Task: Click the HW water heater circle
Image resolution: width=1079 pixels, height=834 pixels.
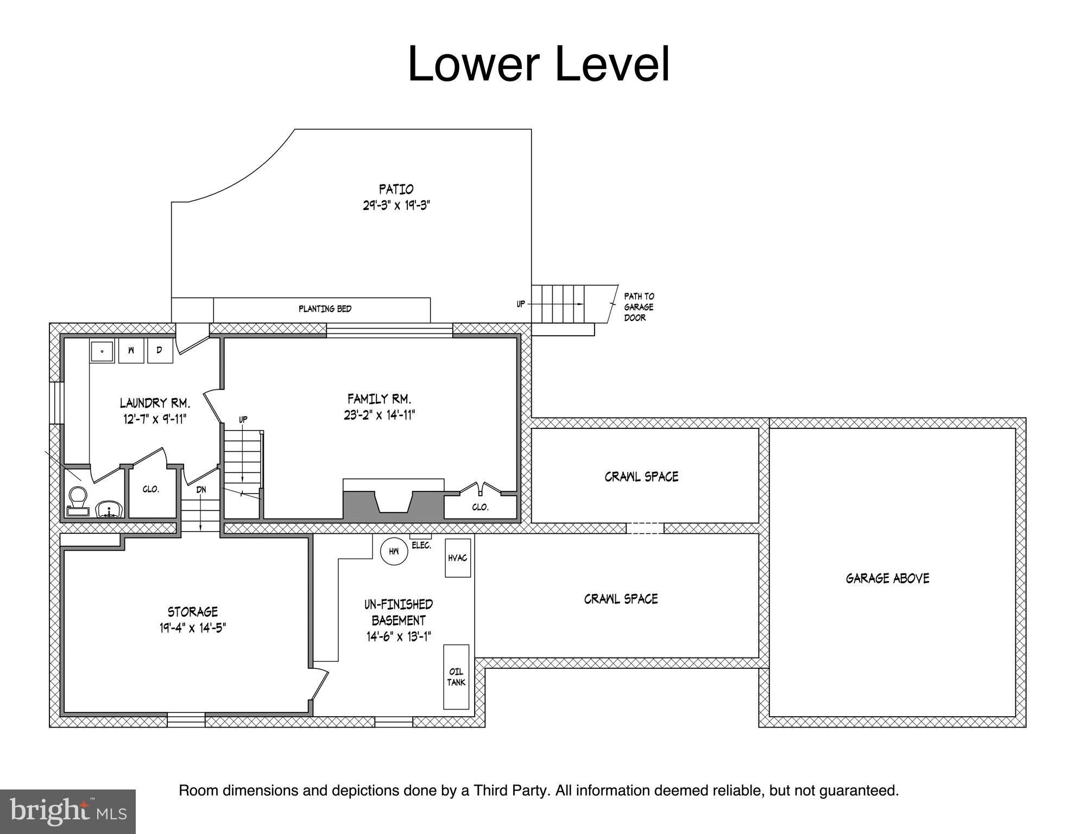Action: click(x=394, y=551)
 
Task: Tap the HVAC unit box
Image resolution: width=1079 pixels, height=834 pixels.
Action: click(x=458, y=558)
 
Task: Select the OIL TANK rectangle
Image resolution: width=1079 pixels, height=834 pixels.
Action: click(x=456, y=677)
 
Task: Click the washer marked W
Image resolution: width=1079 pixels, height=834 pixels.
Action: click(x=131, y=351)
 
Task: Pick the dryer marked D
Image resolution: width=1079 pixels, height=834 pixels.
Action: click(x=160, y=351)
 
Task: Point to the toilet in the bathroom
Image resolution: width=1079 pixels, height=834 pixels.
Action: click(x=77, y=501)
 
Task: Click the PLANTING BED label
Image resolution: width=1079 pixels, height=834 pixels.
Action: click(x=325, y=309)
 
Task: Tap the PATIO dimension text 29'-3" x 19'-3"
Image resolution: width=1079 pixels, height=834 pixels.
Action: click(x=396, y=206)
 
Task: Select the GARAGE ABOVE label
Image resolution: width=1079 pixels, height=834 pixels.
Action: click(x=887, y=578)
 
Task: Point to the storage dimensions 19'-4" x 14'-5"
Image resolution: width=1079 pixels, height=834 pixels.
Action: click(x=193, y=628)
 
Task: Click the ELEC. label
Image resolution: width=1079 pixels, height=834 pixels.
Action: click(x=421, y=546)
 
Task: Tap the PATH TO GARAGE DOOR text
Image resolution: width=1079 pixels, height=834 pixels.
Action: click(x=639, y=307)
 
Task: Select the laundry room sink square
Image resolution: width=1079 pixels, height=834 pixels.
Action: click(x=102, y=351)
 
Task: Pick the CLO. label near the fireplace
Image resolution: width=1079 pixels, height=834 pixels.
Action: click(x=480, y=507)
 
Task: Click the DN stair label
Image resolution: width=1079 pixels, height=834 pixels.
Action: click(x=201, y=489)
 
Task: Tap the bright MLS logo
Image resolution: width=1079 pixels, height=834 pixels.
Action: click(x=67, y=811)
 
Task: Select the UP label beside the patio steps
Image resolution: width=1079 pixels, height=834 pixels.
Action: click(x=521, y=304)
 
